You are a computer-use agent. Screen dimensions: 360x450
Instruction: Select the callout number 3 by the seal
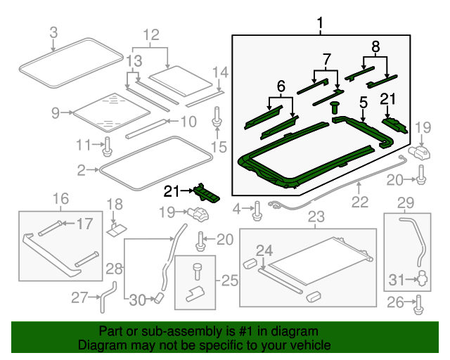54,32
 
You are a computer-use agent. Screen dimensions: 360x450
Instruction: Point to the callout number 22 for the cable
359,202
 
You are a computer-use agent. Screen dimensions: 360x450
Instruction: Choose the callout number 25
230,281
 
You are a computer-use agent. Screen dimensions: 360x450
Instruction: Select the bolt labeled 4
257,209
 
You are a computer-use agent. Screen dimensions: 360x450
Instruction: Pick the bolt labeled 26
419,304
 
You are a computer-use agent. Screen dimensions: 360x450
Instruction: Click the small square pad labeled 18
117,229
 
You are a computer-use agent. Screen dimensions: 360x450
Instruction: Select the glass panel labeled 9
110,112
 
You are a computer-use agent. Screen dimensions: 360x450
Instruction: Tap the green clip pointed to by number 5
334,108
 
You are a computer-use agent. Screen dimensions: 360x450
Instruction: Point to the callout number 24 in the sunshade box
264,250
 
